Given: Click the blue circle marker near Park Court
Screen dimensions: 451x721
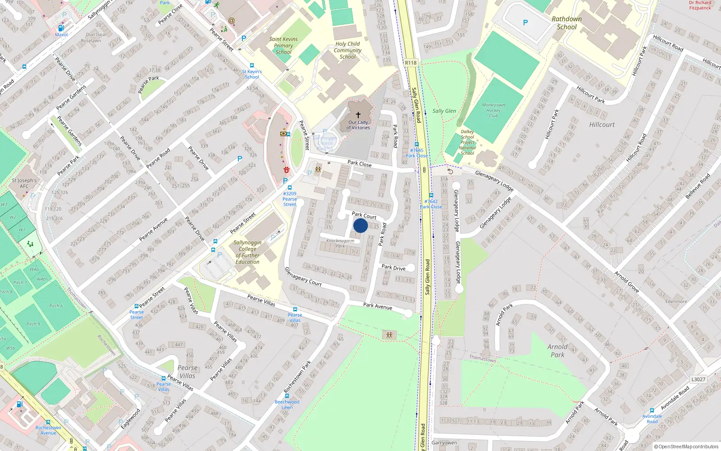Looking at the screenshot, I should point(360,225).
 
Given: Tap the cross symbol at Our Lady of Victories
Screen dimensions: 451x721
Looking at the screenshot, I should point(358,115).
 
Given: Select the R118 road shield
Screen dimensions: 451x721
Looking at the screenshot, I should point(411,63).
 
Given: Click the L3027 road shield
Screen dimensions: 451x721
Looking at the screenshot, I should point(698,379).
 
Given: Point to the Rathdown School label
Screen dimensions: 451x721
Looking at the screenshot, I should point(566,23).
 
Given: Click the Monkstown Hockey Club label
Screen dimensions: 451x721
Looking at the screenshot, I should point(493,110).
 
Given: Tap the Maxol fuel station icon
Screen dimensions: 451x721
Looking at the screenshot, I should point(61,28).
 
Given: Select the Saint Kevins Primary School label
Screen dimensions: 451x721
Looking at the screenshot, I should point(283,46).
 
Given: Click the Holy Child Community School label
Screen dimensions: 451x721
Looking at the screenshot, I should point(347,50).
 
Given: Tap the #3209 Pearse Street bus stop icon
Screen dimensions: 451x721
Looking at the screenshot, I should point(289,188).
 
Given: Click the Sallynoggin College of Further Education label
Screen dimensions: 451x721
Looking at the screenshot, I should point(247,252).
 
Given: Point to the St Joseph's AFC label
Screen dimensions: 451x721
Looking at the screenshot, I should point(24,183).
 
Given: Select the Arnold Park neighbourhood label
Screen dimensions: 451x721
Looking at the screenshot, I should point(557,350).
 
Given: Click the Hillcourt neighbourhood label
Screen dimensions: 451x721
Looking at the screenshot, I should point(602,124).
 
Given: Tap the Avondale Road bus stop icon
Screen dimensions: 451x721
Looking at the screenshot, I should point(652,410).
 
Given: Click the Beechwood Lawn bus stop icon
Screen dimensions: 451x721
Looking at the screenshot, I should point(287,396).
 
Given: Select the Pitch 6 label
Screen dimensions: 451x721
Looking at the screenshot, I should point(56,306).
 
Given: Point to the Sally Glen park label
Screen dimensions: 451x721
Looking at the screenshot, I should point(444,111).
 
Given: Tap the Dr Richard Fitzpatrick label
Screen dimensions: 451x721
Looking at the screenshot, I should point(700,5).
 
